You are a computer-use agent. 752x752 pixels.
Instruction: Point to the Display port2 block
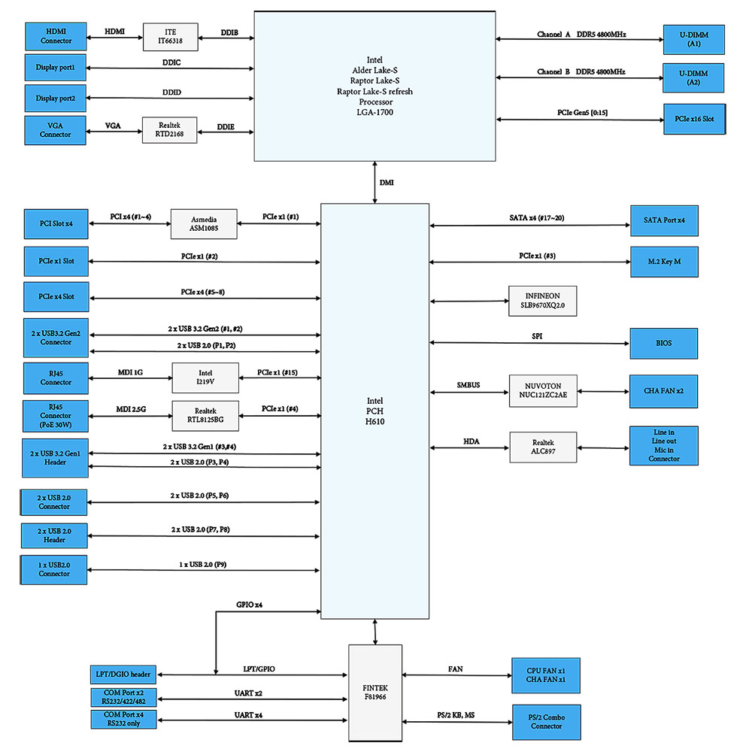click(56, 99)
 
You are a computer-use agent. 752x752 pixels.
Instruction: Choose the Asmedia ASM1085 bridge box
click(204, 224)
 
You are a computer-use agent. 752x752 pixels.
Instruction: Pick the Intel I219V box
click(205, 378)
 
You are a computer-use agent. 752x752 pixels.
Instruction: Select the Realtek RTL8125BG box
click(205, 417)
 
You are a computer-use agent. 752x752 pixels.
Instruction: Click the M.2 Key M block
click(664, 261)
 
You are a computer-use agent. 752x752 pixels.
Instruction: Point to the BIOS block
click(664, 343)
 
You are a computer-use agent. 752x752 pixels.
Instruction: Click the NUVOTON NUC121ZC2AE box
click(543, 391)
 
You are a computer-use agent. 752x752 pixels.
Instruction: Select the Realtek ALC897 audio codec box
click(543, 447)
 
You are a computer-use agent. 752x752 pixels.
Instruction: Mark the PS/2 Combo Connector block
click(546, 722)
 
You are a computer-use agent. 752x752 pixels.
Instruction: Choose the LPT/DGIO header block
click(123, 674)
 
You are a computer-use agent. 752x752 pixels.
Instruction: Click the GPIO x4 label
click(250, 605)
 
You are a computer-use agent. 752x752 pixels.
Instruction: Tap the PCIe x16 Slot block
click(694, 119)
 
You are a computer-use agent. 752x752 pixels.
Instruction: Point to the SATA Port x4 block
click(663, 220)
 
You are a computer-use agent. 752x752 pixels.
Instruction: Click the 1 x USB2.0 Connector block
click(55, 569)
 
